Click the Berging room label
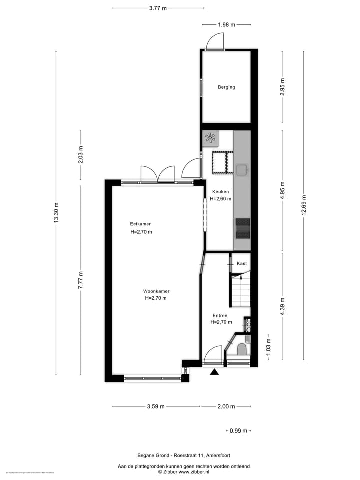tap(226, 87)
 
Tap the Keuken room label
tap(220, 192)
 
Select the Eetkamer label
tap(140, 224)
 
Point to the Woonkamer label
tap(156, 291)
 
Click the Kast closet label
tap(241, 263)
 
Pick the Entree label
tap(220, 316)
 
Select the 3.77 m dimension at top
tap(158, 8)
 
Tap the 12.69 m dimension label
tap(303, 204)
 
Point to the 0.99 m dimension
tap(238, 431)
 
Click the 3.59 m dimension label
tap(156, 406)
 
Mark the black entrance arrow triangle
tap(215, 371)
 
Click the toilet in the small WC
tap(242, 349)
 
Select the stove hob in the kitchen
tap(243, 228)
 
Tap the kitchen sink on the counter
tap(242, 170)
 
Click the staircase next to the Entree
tap(240, 292)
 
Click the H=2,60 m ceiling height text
tap(220, 199)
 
